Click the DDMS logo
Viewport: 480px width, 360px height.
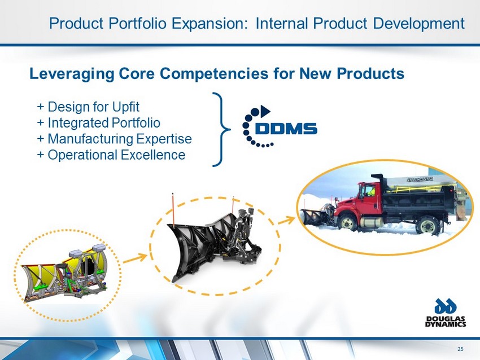pyautogui.click(x=280, y=126)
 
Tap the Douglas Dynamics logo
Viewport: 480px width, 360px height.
pyautogui.click(x=446, y=312)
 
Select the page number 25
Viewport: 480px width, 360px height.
pyautogui.click(x=460, y=349)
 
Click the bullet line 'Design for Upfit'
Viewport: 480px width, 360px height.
pyautogui.click(x=88, y=107)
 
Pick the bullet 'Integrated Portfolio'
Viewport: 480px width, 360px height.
pyautogui.click(x=99, y=122)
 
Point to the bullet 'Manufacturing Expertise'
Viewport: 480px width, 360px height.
pyautogui.click(x=115, y=139)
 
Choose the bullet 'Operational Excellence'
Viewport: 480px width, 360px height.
pyautogui.click(x=111, y=155)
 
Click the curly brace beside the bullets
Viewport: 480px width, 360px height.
pyautogui.click(x=221, y=129)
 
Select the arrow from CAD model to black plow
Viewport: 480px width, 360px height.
pyautogui.click(x=136, y=258)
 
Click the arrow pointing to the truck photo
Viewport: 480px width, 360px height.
pyautogui.click(x=286, y=220)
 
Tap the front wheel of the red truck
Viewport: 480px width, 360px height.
pyautogui.click(x=347, y=223)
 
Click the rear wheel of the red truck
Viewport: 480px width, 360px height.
pyautogui.click(x=427, y=226)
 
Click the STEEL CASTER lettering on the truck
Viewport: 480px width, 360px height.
pyautogui.click(x=420, y=179)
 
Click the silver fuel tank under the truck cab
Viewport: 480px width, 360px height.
pyautogui.click(x=372, y=222)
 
